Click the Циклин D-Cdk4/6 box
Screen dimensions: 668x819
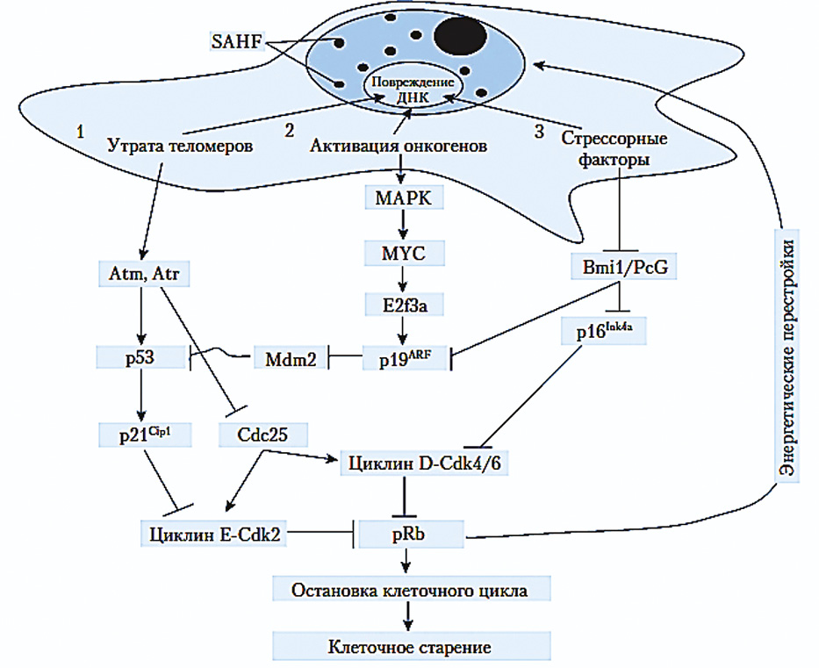point(425,463)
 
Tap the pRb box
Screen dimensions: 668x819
point(410,533)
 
